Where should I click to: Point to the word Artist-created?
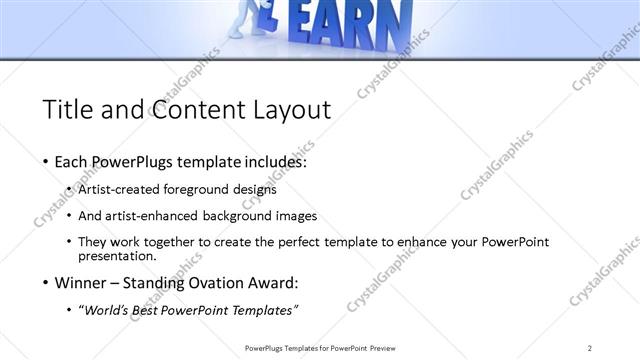(115, 188)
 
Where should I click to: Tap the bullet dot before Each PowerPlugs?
(46, 162)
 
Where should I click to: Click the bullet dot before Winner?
(46, 283)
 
